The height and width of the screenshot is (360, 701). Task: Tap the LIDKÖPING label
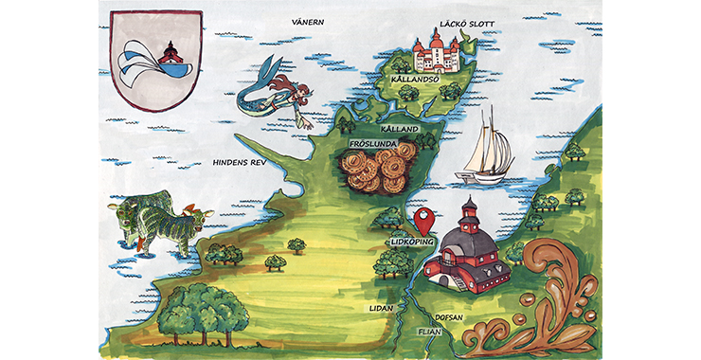411,243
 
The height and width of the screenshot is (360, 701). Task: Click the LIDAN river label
380,309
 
